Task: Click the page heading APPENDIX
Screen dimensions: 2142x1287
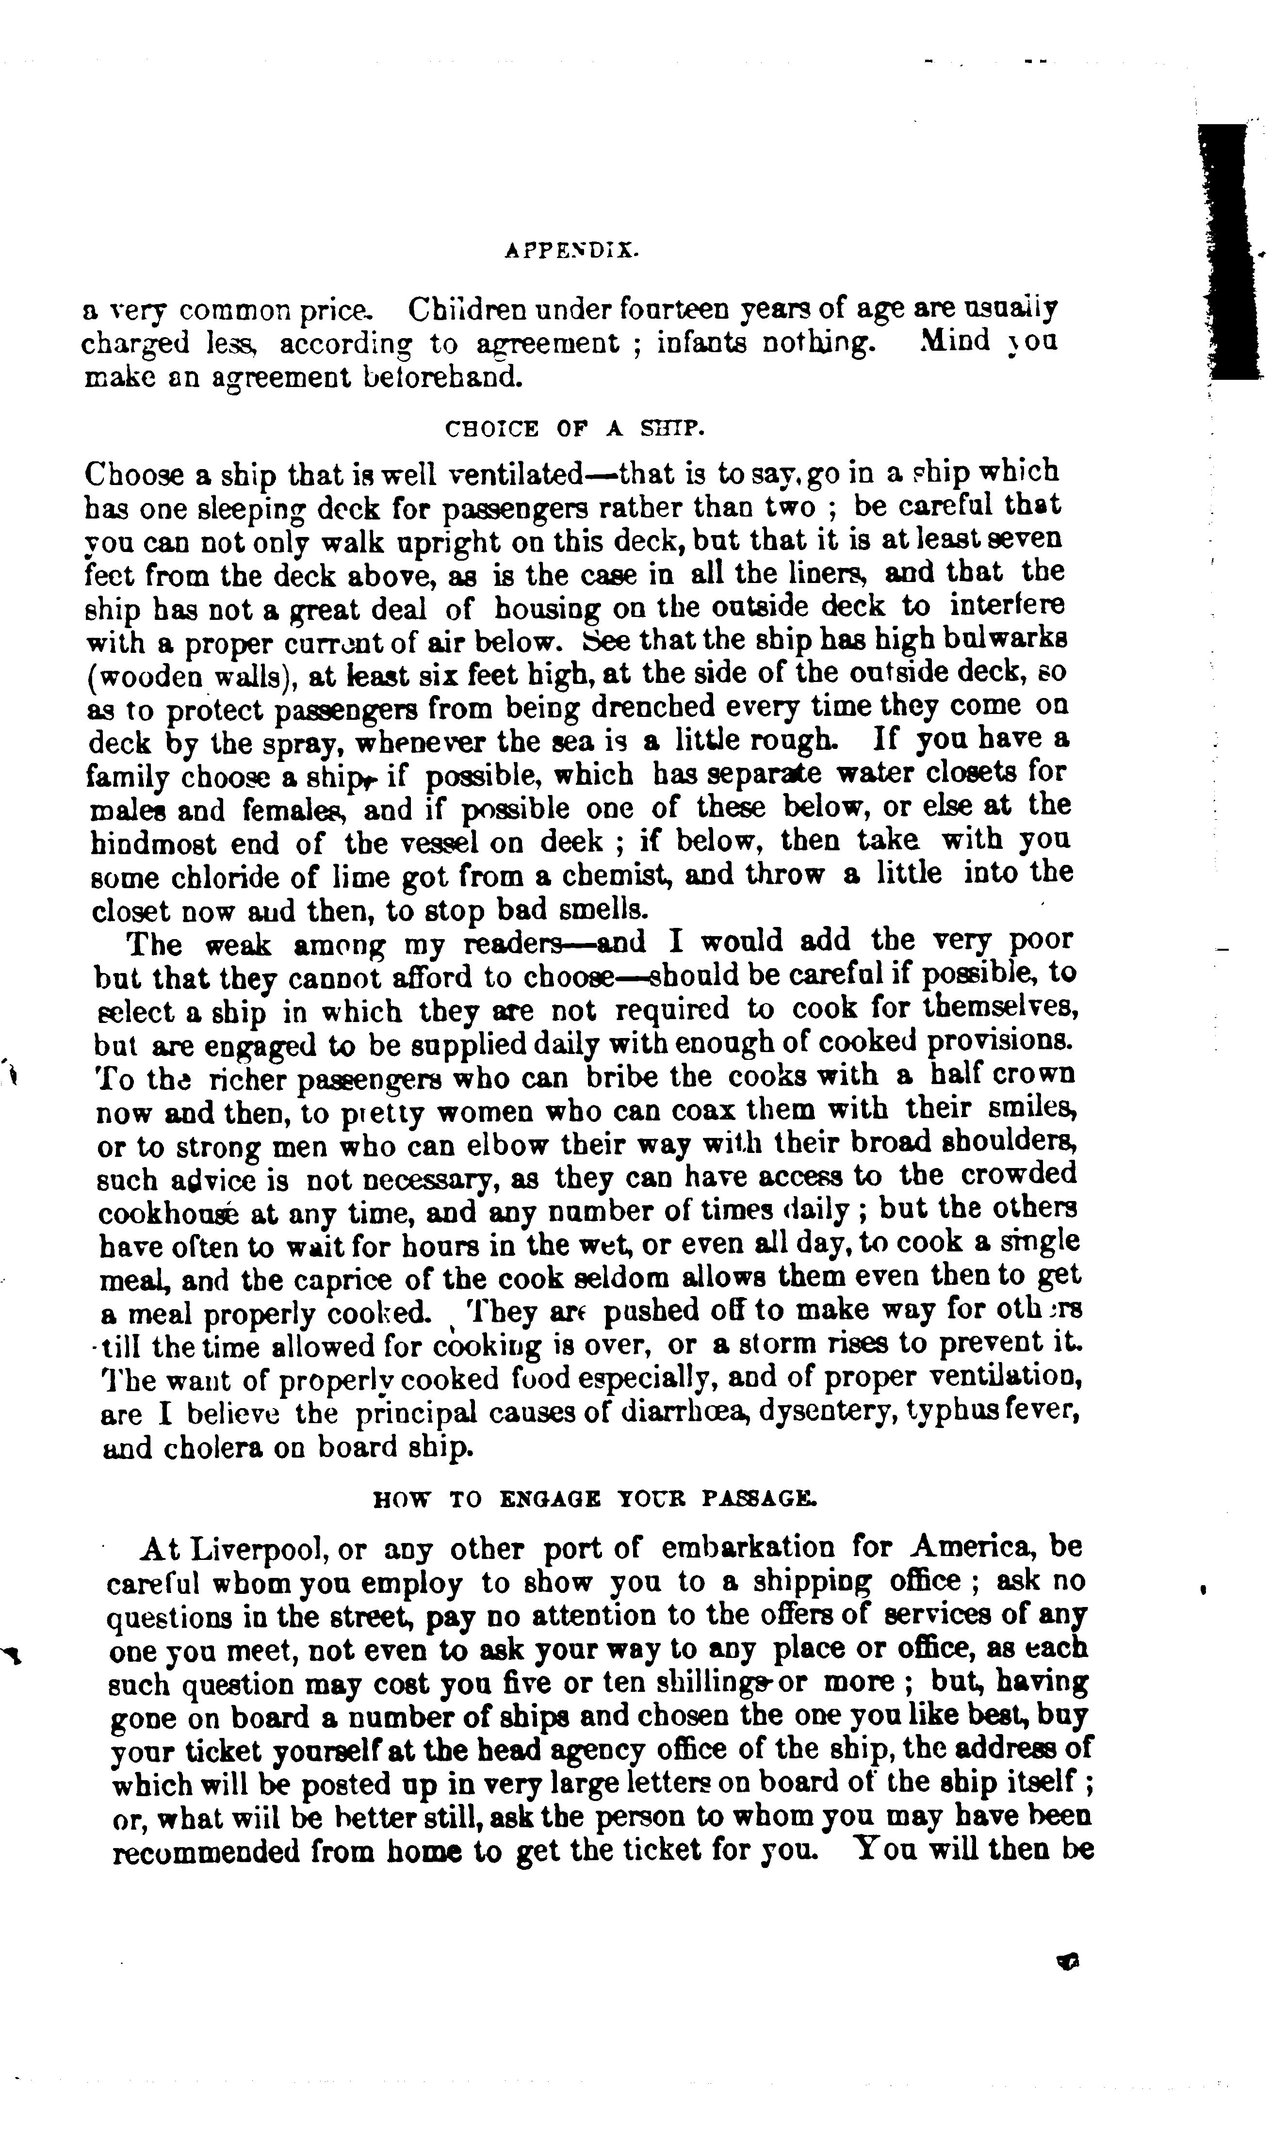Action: point(570,251)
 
